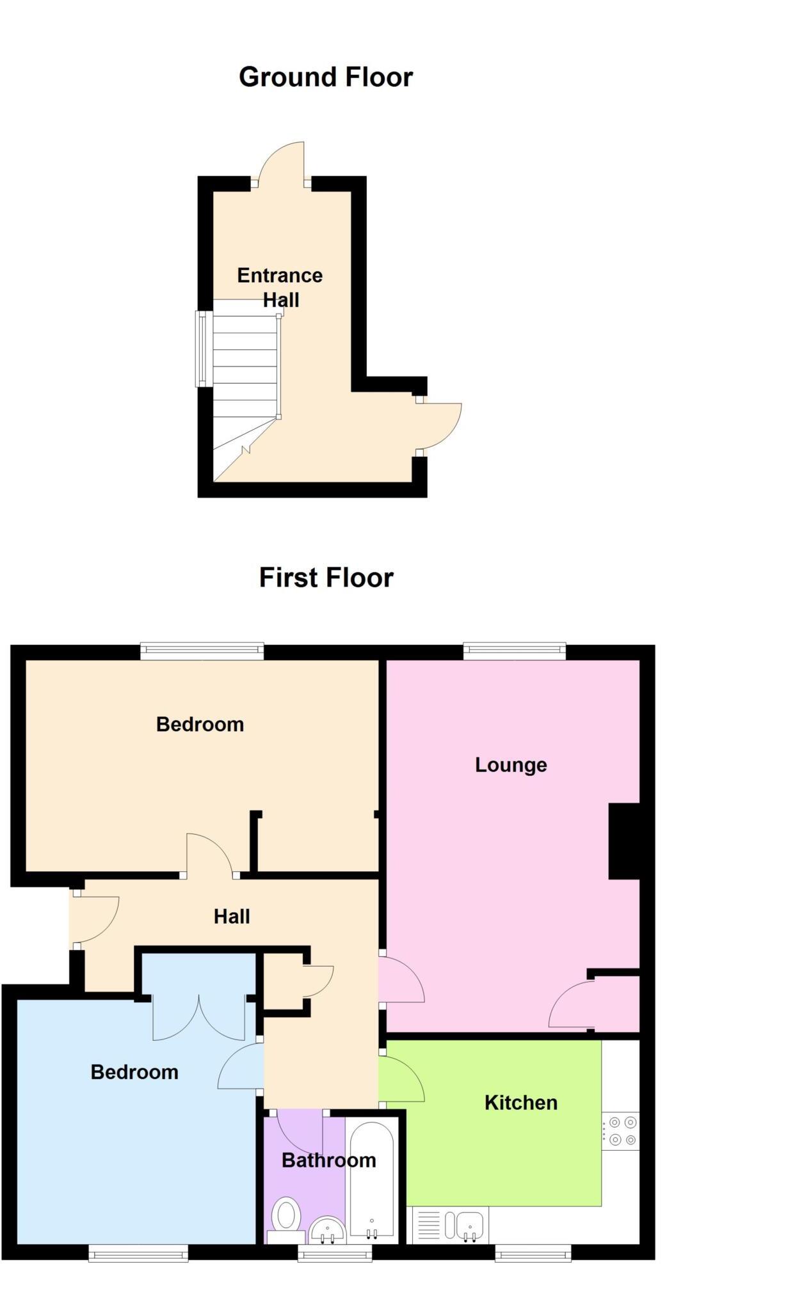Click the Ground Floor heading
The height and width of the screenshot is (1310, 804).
pyautogui.click(x=326, y=77)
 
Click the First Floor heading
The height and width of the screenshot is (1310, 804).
pyautogui.click(x=326, y=578)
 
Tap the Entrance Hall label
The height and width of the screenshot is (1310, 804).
pyautogui.click(x=280, y=287)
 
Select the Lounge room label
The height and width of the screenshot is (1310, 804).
pyautogui.click(x=511, y=765)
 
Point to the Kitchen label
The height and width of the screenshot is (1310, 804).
pyautogui.click(x=520, y=1103)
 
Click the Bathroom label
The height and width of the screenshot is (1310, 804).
pyautogui.click(x=329, y=1160)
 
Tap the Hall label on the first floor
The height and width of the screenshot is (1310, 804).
pyautogui.click(x=232, y=917)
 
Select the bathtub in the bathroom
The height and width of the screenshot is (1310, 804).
pyautogui.click(x=372, y=1181)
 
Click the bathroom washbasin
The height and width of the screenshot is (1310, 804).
pyautogui.click(x=327, y=1229)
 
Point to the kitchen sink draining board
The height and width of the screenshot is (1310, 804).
pyautogui.click(x=429, y=1225)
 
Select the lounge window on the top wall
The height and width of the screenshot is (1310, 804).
pyautogui.click(x=515, y=652)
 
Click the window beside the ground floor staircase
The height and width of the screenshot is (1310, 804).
pyautogui.click(x=204, y=349)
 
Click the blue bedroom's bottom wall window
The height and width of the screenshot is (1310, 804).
pyautogui.click(x=138, y=1252)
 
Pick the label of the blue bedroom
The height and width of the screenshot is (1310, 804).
pyautogui.click(x=134, y=1072)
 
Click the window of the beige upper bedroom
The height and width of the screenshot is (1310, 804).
pyautogui.click(x=202, y=652)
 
